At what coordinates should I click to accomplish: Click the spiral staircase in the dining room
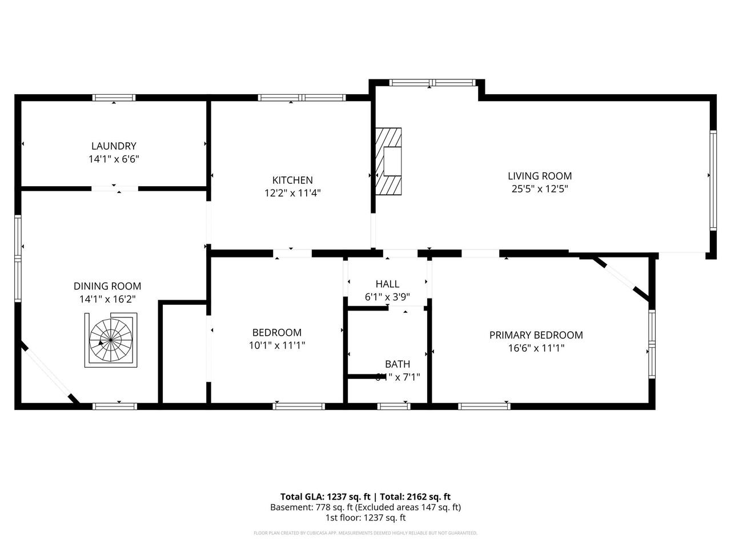tap(112, 341)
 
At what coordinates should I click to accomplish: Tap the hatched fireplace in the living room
tap(388, 161)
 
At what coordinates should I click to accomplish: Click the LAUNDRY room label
tap(114, 146)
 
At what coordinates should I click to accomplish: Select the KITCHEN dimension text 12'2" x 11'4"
tap(292, 193)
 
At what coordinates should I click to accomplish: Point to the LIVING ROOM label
tap(540, 176)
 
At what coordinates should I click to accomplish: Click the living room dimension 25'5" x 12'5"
tap(540, 189)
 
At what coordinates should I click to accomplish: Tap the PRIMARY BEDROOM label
tap(536, 335)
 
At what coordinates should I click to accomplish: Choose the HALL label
tap(387, 284)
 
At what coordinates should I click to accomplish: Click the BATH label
tap(397, 364)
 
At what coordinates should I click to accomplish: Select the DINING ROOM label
tap(107, 286)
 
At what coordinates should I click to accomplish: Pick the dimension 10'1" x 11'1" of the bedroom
tap(277, 345)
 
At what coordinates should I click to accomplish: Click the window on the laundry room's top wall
tap(114, 98)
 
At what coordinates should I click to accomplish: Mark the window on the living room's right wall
tap(713, 180)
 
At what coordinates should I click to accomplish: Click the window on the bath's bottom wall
tap(394, 406)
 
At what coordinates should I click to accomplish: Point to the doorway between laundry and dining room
tap(115, 188)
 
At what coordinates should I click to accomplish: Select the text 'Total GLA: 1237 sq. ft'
tap(324, 497)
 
